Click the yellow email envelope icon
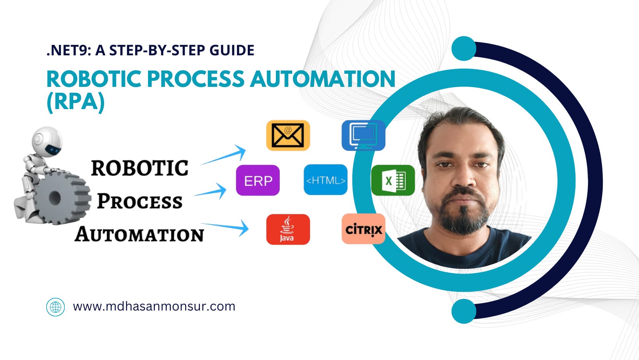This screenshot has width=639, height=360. pyautogui.click(x=288, y=135)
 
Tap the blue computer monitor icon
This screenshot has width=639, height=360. pyautogui.click(x=363, y=135)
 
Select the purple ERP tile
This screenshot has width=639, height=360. pyautogui.click(x=258, y=180)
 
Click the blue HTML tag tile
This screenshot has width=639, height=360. pyautogui.click(x=325, y=180)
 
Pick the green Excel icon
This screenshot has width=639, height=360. pyautogui.click(x=393, y=180)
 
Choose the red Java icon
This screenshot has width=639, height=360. pyautogui.click(x=288, y=229)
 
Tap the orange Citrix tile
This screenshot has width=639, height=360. pyautogui.click(x=363, y=229)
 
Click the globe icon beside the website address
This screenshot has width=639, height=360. pyautogui.click(x=55, y=307)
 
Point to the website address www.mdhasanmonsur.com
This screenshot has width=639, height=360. pyautogui.click(x=154, y=306)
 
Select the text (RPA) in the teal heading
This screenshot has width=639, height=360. pyautogui.click(x=76, y=102)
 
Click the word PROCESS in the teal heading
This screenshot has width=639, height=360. pyautogui.click(x=196, y=79)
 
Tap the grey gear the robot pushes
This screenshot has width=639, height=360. pyautogui.click(x=58, y=198)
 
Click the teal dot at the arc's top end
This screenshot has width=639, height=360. pyautogui.click(x=464, y=49)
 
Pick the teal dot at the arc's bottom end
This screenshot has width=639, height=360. pyautogui.click(x=464, y=311)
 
